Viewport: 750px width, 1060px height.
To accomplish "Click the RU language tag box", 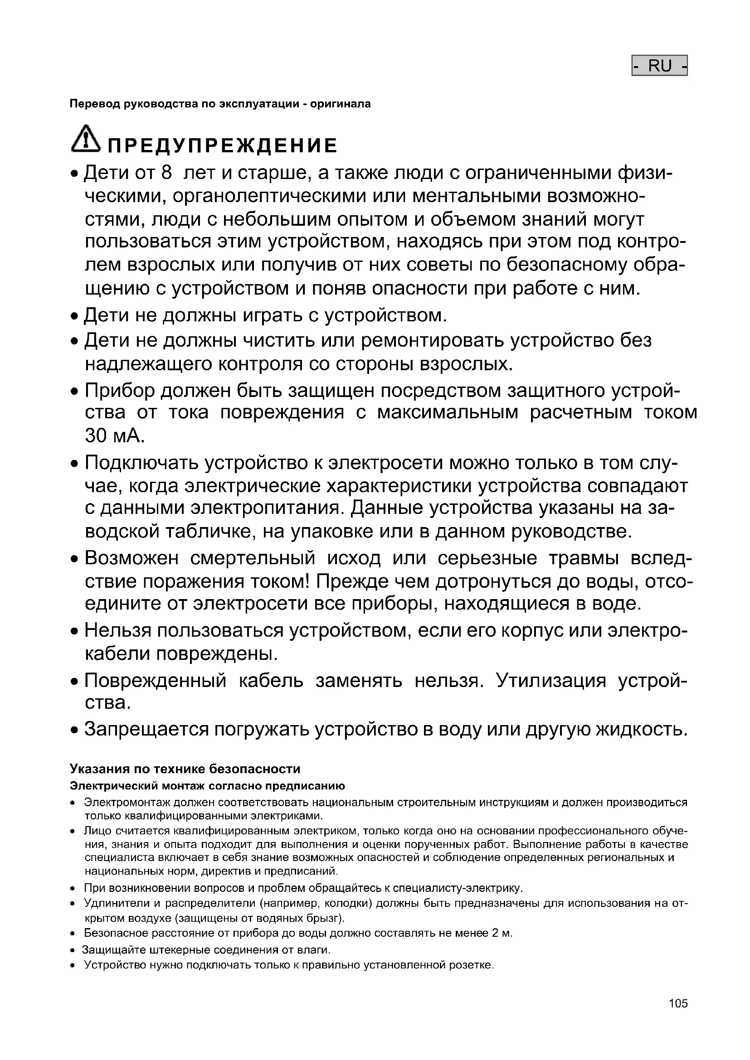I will click(x=659, y=66).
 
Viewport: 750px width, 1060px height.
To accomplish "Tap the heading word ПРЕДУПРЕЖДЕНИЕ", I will click(x=223, y=146).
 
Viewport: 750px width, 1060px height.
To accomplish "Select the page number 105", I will click(x=678, y=1003).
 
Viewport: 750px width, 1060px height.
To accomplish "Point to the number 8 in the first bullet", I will click(x=166, y=173).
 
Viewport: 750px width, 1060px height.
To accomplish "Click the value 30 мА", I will click(x=115, y=436).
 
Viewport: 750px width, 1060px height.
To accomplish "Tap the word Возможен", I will click(x=131, y=558).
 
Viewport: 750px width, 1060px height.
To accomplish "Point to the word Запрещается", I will click(x=146, y=730).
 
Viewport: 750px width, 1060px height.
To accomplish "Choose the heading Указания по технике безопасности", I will click(x=185, y=769).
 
